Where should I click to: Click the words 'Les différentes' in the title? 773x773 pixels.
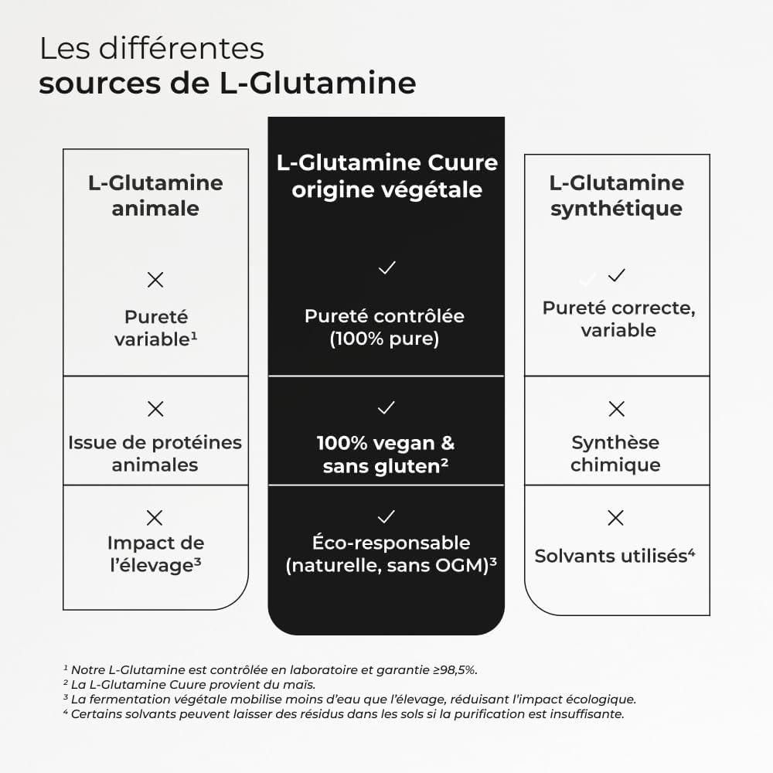[x=152, y=49]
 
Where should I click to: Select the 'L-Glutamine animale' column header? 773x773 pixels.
[x=155, y=196]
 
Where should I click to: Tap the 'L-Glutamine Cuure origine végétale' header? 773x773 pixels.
[x=386, y=176]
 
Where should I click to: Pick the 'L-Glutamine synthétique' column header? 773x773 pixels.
[x=616, y=196]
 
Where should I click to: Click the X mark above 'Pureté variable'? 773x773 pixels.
[x=155, y=280]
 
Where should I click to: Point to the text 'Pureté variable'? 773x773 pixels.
[x=155, y=329]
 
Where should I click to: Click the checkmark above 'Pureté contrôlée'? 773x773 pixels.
[x=386, y=268]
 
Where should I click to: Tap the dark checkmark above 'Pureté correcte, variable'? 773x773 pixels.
[x=616, y=275]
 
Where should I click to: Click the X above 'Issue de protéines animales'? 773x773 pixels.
[x=155, y=409]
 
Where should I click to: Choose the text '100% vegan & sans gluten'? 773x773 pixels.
[x=386, y=455]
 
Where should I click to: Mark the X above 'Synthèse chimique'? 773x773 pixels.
[x=616, y=409]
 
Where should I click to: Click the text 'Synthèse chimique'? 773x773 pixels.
[x=615, y=454]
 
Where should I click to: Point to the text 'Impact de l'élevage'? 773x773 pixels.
[x=155, y=553]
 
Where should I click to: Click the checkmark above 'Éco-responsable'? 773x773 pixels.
[x=386, y=516]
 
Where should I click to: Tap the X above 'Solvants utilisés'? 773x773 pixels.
[x=616, y=518]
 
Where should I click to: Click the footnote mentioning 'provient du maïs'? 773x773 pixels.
[x=189, y=684]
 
